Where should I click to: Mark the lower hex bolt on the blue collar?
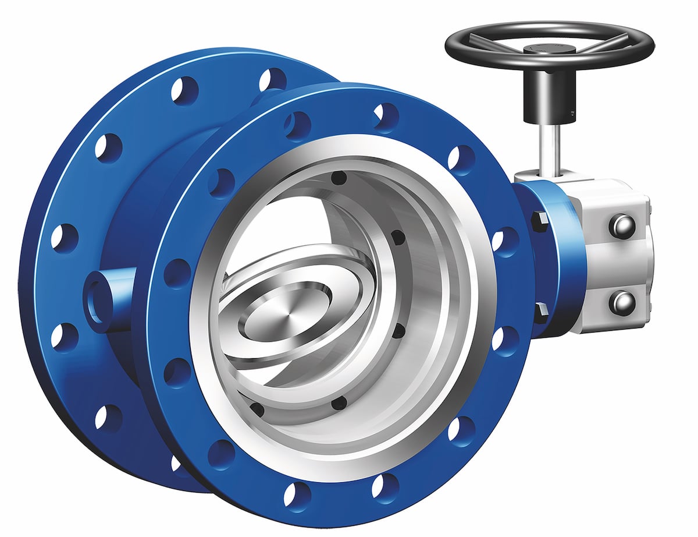(x=540, y=311)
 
